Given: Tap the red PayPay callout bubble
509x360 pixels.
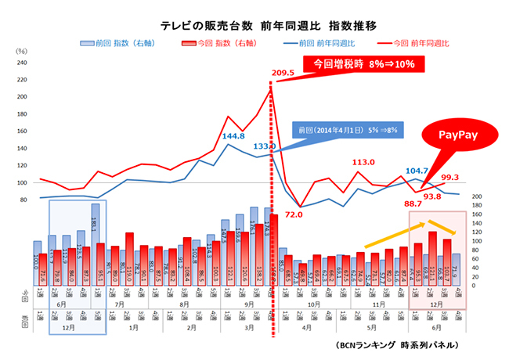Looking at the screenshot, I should click(x=456, y=135).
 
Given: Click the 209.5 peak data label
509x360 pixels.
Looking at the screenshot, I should click(x=284, y=73).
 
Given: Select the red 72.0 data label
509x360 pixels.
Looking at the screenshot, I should click(x=294, y=212).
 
